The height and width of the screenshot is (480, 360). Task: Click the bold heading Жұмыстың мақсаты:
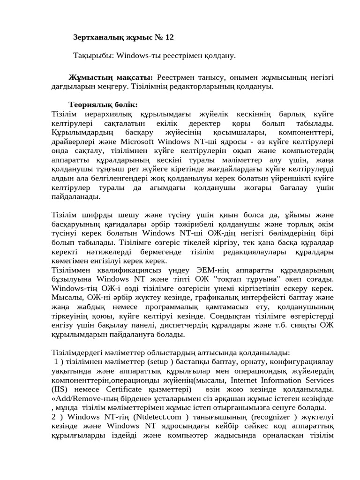tap(111, 77)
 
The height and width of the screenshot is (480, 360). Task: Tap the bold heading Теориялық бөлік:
tap(103, 104)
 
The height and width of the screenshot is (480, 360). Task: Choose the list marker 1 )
tap(59, 362)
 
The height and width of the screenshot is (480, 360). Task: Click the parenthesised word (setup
tap(159, 362)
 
